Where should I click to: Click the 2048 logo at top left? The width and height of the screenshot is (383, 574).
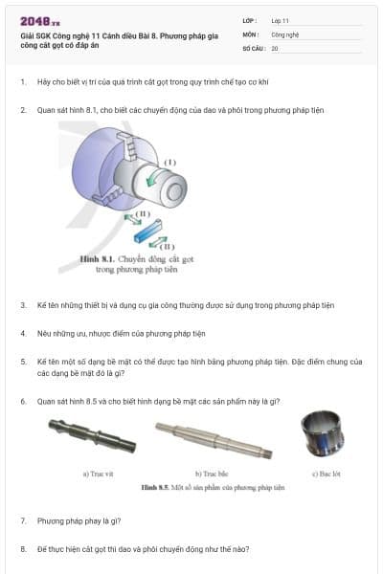click(39, 21)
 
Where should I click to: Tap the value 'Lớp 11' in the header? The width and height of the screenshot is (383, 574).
click(280, 19)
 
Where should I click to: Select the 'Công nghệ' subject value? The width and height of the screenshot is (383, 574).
click(285, 33)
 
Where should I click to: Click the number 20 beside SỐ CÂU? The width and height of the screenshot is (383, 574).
click(275, 48)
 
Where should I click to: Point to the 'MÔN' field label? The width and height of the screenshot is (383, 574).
click(251, 33)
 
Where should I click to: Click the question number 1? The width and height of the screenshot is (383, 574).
click(22, 81)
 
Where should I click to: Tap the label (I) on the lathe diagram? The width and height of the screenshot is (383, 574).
click(169, 162)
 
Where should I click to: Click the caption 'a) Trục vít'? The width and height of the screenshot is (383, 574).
click(100, 473)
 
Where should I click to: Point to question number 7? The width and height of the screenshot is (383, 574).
click(22, 520)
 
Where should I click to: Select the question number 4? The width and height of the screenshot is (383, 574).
click(22, 333)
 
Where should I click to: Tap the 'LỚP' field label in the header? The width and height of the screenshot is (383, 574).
click(251, 19)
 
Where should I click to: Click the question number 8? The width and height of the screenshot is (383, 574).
click(22, 549)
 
